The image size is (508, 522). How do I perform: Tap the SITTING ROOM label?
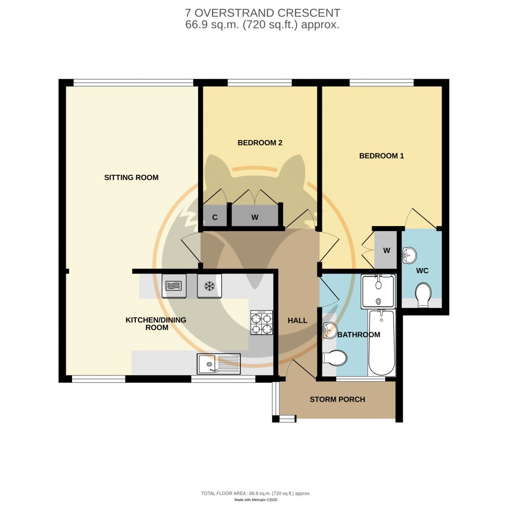[131, 177]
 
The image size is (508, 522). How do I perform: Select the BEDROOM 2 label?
[260, 143]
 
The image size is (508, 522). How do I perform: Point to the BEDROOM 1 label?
[382, 156]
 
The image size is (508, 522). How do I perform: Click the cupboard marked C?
[215, 217]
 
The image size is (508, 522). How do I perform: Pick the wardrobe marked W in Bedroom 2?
[255, 217]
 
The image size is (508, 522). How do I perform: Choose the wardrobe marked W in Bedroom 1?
[386, 250]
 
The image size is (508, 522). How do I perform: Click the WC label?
[422, 271]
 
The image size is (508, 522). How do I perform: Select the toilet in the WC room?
[423, 293]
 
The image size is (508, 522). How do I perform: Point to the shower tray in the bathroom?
[378, 290]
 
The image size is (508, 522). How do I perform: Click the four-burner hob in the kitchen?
[262, 323]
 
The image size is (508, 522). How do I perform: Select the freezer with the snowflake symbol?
[209, 286]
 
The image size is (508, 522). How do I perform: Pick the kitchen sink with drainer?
[218, 363]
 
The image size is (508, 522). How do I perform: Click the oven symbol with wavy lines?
[174, 286]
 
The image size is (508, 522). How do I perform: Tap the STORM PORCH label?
[337, 399]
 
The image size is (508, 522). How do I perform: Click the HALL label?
[298, 321]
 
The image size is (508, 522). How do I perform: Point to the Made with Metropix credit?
[256, 499]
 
